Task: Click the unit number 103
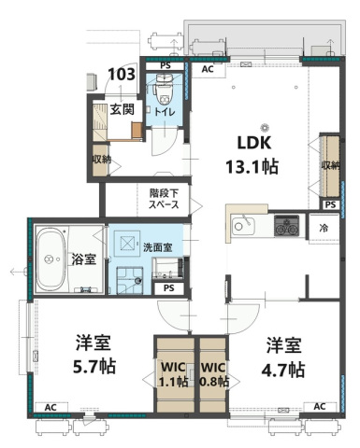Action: click(x=121, y=74)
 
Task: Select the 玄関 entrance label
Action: click(x=123, y=108)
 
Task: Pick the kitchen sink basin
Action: click(x=244, y=226)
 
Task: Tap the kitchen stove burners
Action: click(x=286, y=225)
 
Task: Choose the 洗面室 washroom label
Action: click(x=157, y=247)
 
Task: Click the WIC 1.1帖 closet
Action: click(x=173, y=373)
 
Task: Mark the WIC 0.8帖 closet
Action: click(x=213, y=373)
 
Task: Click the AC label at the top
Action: click(x=208, y=69)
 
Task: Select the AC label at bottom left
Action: click(x=50, y=407)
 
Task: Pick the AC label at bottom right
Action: click(x=319, y=406)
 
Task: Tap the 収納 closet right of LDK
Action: click(x=330, y=165)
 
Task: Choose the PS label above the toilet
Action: click(x=165, y=66)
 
